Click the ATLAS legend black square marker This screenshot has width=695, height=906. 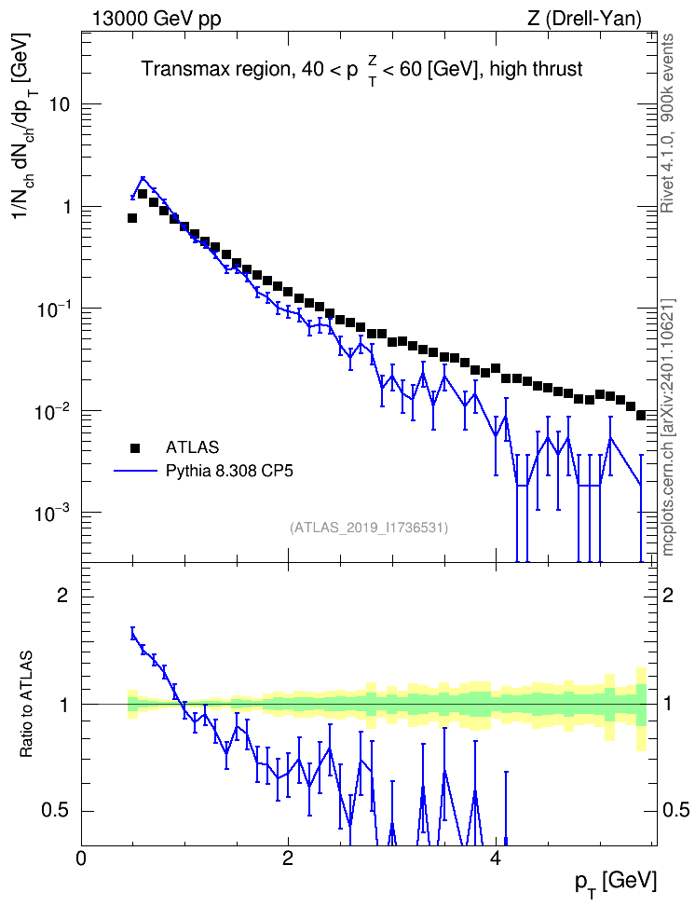[x=134, y=447]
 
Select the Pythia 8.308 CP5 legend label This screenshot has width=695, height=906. [x=229, y=471]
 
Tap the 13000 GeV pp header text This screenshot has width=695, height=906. [x=157, y=19]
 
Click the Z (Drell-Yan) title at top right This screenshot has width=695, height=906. [x=584, y=19]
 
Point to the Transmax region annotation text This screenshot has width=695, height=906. [x=362, y=70]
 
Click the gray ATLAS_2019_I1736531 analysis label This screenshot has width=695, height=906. [x=369, y=528]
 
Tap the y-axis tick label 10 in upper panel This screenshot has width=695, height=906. [x=59, y=104]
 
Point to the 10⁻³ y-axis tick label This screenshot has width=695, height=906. [x=51, y=512]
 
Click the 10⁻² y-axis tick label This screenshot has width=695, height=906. [x=51, y=409]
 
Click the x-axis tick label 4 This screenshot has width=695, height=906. [x=495, y=858]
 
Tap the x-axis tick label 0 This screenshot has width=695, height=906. [x=81, y=858]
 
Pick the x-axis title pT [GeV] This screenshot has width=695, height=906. [x=616, y=883]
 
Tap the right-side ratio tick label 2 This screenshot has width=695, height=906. [x=668, y=595]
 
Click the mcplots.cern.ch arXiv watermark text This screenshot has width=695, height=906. [x=668, y=428]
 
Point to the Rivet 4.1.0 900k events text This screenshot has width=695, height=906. [x=668, y=123]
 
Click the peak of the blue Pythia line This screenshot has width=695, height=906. [x=143, y=178]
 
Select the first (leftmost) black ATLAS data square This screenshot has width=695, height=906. [x=131, y=218]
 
